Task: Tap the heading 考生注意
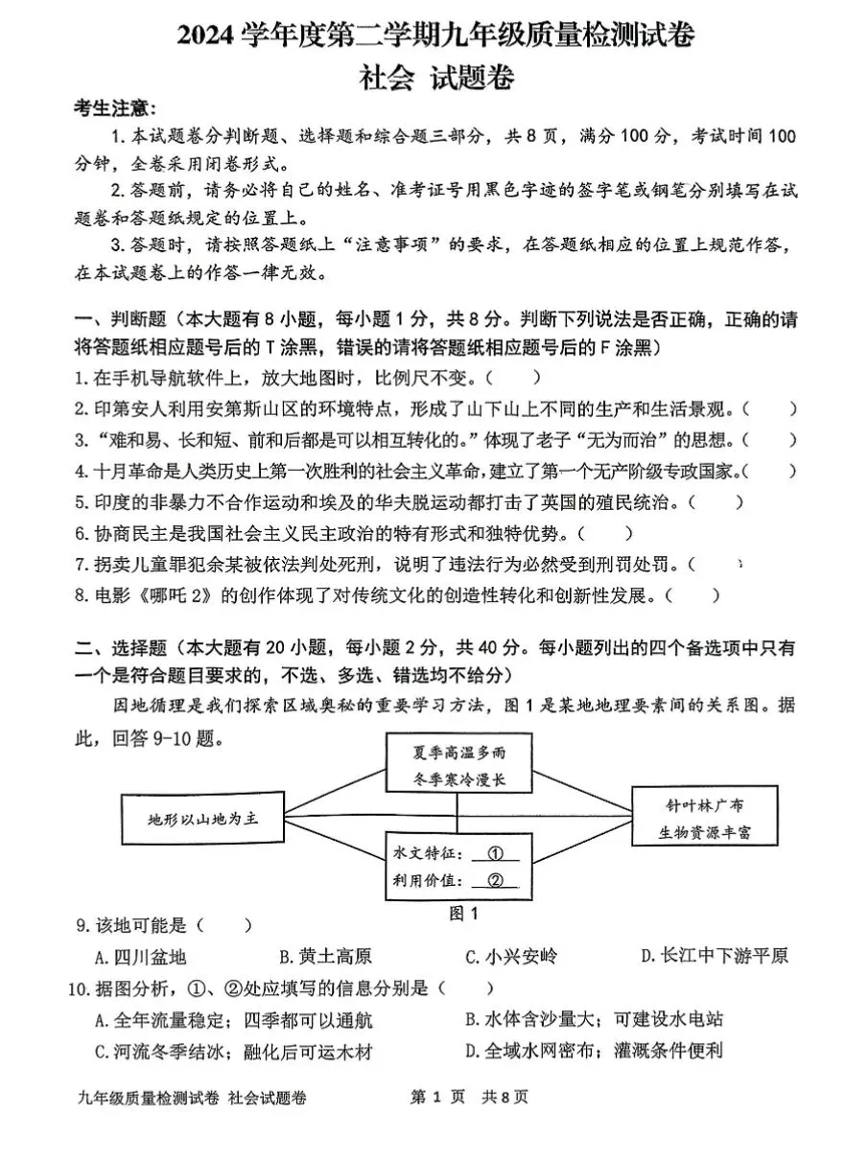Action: pyautogui.click(x=115, y=110)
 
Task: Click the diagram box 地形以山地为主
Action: pyautogui.click(x=203, y=820)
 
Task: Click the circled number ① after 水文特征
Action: pyautogui.click(x=495, y=853)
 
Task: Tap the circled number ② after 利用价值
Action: pyautogui.click(x=495, y=881)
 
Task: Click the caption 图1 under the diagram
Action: pyautogui.click(x=463, y=914)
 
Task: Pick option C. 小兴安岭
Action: pyautogui.click(x=510, y=957)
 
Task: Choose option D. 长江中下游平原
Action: pyautogui.click(x=714, y=957)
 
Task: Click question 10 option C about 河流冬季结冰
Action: pyautogui.click(x=233, y=1052)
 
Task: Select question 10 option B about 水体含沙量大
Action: pyautogui.click(x=594, y=1019)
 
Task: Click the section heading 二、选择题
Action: pyautogui.click(x=121, y=648)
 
